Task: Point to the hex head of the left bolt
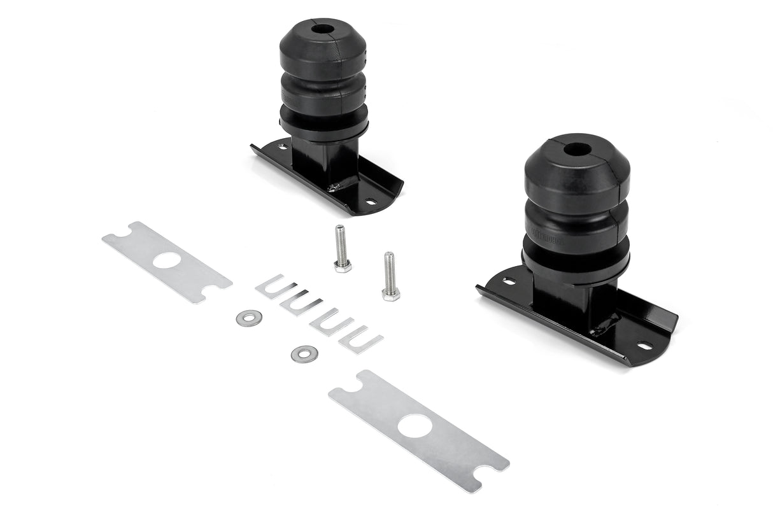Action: click(x=343, y=265)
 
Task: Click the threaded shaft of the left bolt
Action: click(x=341, y=243)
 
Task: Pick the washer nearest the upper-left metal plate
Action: click(x=248, y=318)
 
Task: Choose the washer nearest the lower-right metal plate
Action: click(x=304, y=353)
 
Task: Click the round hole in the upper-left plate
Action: click(x=167, y=260)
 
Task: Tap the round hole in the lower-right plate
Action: click(x=415, y=426)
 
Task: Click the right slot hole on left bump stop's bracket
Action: click(x=371, y=202)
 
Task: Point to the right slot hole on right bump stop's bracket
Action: click(x=644, y=346)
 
